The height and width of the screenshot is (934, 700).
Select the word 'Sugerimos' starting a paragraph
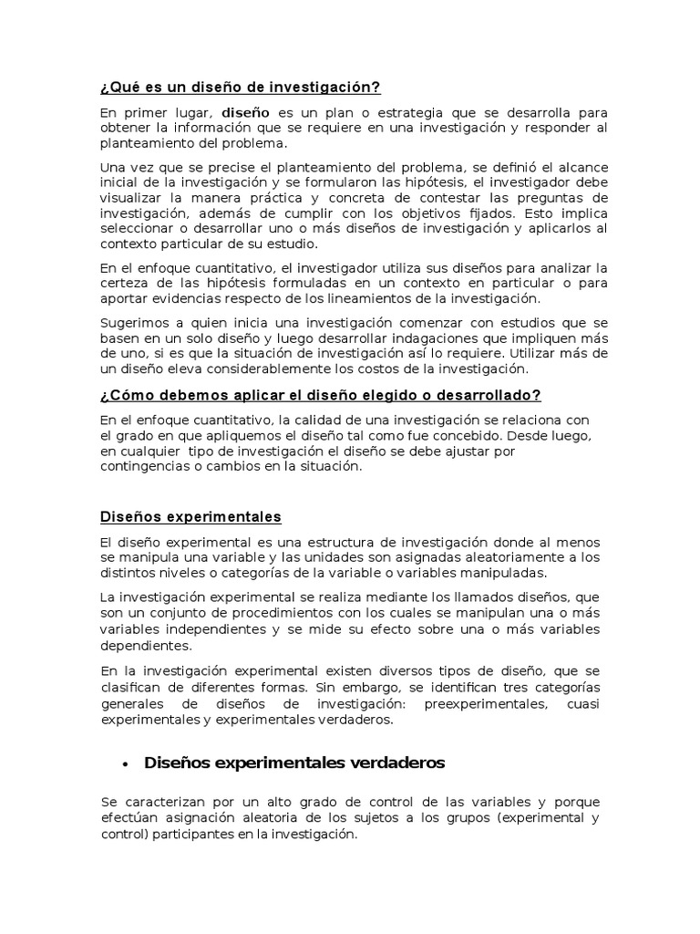[135, 323]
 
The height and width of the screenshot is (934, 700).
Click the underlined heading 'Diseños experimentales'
[190, 516]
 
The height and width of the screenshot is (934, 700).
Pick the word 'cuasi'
[582, 704]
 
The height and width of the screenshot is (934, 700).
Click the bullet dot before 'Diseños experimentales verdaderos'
[125, 763]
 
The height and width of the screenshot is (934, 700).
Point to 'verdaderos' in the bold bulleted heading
[385, 763]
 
